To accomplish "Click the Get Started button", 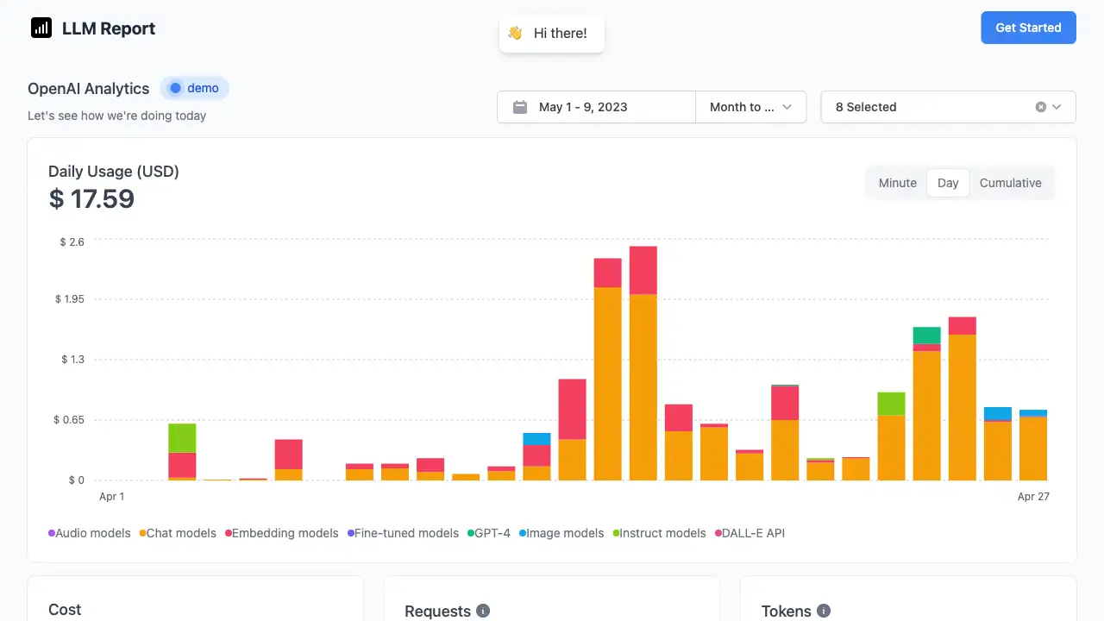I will pyautogui.click(x=1028, y=28).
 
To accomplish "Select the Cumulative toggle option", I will pyautogui.click(x=1010, y=183).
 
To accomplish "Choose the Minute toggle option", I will pyautogui.click(x=897, y=183).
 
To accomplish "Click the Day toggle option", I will pyautogui.click(x=948, y=183).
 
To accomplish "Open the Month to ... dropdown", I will pyautogui.click(x=750, y=107).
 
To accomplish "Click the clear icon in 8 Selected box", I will pyautogui.click(x=1041, y=107).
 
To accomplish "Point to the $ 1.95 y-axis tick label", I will pyautogui.click(x=70, y=299).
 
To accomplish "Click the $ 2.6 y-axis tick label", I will pyautogui.click(x=72, y=241).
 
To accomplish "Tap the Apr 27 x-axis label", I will pyautogui.click(x=1033, y=496).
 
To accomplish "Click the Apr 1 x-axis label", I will pyautogui.click(x=112, y=496).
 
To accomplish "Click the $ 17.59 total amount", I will pyautogui.click(x=91, y=199).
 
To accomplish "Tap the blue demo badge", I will pyautogui.click(x=195, y=88).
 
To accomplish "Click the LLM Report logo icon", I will pyautogui.click(x=41, y=28).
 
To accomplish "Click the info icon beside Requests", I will pyautogui.click(x=483, y=611).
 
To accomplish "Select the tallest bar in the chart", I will pyautogui.click(x=643, y=362).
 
